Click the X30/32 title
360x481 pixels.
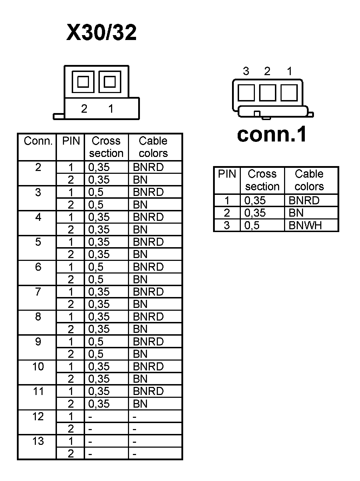[101, 33]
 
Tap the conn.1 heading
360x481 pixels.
[272, 134]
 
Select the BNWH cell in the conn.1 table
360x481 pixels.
[305, 225]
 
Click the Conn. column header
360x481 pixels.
[38, 141]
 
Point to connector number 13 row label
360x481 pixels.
[38, 441]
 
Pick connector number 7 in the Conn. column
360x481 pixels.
[38, 291]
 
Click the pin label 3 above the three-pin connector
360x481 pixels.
[246, 71]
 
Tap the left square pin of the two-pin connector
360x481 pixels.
[83, 82]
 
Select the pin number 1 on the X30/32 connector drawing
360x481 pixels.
[111, 109]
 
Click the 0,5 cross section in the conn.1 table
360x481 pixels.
[252, 225]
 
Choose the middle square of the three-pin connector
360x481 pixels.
[268, 93]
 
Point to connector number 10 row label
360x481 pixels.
[38, 366]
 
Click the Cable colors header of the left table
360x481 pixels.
[153, 147]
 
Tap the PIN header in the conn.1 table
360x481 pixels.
[227, 174]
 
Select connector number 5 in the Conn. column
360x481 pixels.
[38, 242]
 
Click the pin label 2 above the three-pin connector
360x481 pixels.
[267, 71]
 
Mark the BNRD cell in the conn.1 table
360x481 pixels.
[304, 200]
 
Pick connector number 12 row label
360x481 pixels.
[38, 416]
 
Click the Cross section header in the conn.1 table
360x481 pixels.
[262, 180]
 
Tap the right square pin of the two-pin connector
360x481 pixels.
[110, 82]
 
